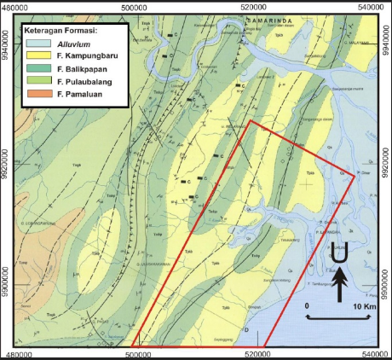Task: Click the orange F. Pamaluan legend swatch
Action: pyautogui.click(x=36, y=99)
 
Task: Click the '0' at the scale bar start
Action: pyautogui.click(x=306, y=305)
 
